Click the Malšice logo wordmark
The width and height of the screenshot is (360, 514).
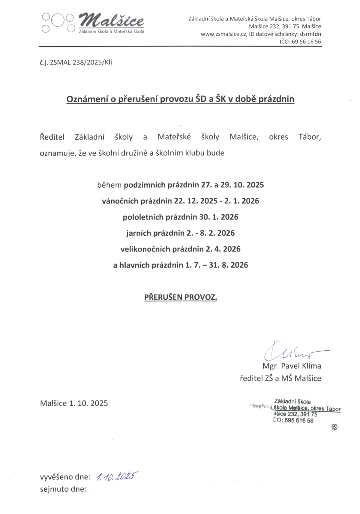(112, 21)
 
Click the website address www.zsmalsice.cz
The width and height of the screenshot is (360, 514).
(223, 34)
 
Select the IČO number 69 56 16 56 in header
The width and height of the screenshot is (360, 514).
(306, 42)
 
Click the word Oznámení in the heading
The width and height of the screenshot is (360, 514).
(87, 99)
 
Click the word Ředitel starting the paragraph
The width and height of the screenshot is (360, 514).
(52, 137)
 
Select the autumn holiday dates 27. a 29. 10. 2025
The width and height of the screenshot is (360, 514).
(232, 185)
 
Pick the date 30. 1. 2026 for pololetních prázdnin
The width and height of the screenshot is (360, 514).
(219, 217)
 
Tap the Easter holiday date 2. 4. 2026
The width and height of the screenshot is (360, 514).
(223, 249)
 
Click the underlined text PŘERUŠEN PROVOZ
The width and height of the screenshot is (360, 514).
(181, 297)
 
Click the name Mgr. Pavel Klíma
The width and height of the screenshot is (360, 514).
(292, 366)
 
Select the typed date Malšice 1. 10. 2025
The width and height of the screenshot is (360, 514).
(74, 403)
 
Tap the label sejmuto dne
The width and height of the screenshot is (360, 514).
(63, 489)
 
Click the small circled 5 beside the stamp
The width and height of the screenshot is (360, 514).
(334, 427)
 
